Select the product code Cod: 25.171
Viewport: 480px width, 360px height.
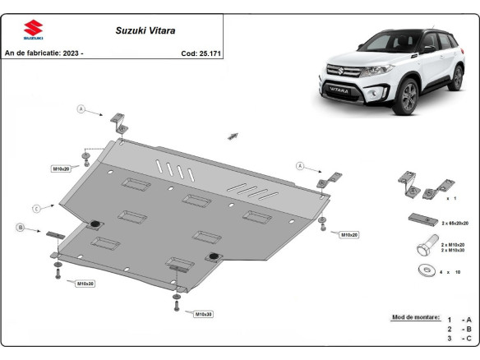click(199, 53)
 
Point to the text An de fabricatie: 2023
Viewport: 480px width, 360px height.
click(44, 53)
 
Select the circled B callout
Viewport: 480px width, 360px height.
click(20, 226)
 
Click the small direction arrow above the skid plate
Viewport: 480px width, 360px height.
click(233, 135)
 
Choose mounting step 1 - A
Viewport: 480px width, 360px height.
click(459, 319)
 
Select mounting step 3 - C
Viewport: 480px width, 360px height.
click(459, 339)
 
